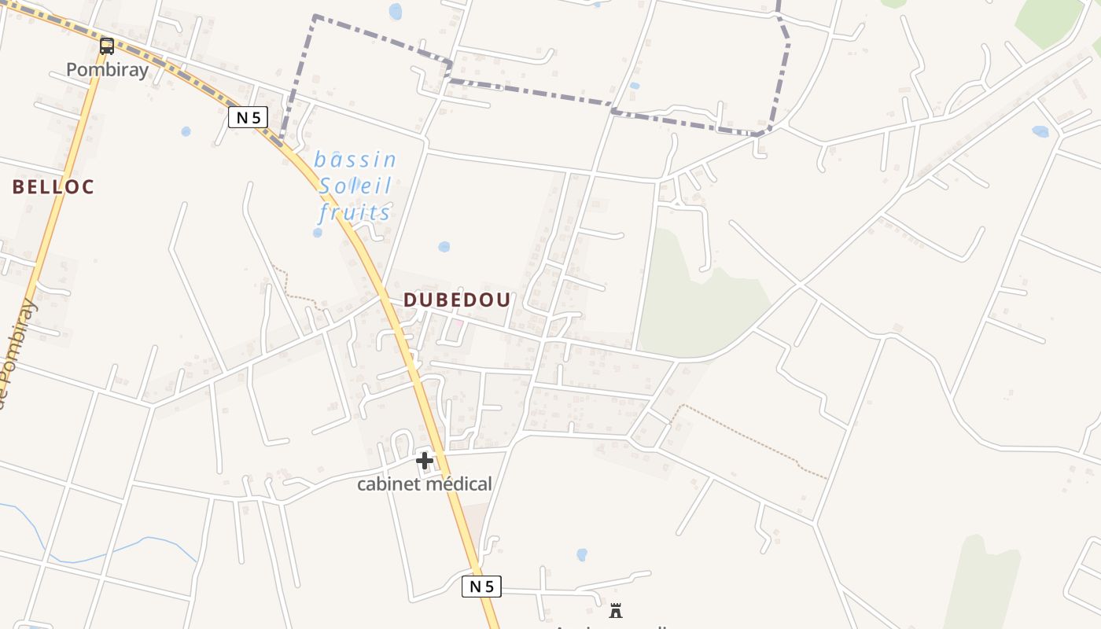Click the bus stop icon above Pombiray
[x=106, y=46]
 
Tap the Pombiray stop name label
[x=107, y=69]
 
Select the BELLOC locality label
[x=53, y=187]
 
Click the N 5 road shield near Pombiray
[x=248, y=118]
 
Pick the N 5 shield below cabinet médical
[x=481, y=586]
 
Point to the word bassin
[x=355, y=160]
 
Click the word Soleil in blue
[x=355, y=186]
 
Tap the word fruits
[x=355, y=212]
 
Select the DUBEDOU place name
[x=457, y=300]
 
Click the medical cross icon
[x=425, y=460]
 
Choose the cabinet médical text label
[x=425, y=484]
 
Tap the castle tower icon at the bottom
[x=616, y=610]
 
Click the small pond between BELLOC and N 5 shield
[x=186, y=131]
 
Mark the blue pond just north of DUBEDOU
[x=444, y=247]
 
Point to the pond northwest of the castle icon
[x=582, y=554]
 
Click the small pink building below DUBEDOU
[x=456, y=323]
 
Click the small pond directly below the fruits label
[x=317, y=233]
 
